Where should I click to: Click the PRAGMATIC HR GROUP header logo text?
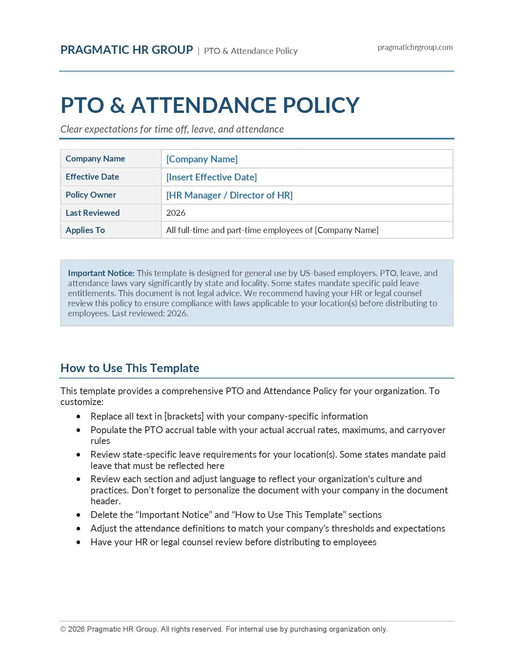click(127, 50)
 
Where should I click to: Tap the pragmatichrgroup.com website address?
click(415, 47)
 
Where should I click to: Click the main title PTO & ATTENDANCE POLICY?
click(210, 105)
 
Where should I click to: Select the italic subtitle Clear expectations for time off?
click(172, 129)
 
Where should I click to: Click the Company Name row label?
click(95, 159)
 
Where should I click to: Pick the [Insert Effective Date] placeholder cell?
click(211, 177)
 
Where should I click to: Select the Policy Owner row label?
click(91, 195)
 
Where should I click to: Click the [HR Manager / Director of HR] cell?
click(229, 195)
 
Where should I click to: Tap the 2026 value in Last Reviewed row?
click(176, 213)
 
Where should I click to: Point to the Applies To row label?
click(85, 230)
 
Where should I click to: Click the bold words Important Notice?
click(101, 273)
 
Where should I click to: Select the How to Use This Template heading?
click(130, 368)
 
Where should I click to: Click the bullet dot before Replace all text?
click(78, 417)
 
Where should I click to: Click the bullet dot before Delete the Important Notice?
click(78, 515)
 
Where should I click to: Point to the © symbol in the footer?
click(63, 629)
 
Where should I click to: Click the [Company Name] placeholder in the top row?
click(202, 159)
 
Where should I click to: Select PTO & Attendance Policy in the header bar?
click(251, 51)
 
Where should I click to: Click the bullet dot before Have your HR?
click(78, 542)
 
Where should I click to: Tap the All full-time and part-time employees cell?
click(272, 230)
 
